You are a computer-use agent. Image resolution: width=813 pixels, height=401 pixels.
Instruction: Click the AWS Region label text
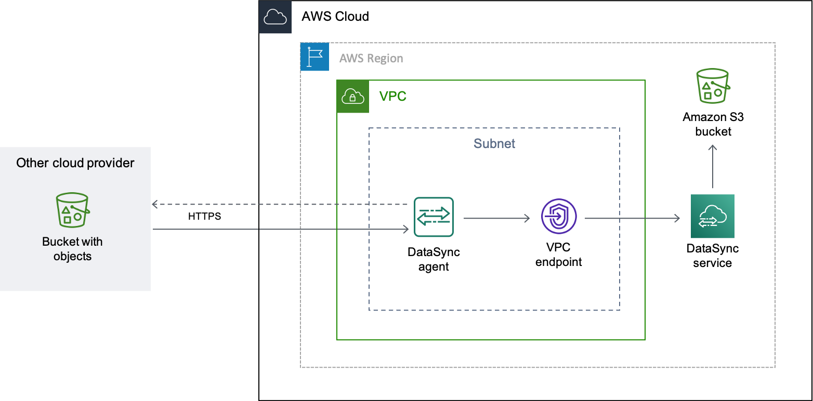[x=371, y=58]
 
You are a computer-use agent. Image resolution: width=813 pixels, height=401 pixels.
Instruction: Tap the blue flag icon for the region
[x=314, y=57]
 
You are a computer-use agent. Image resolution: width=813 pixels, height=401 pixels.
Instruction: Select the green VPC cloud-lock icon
[x=352, y=97]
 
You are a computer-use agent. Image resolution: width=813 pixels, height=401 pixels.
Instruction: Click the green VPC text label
[x=392, y=97]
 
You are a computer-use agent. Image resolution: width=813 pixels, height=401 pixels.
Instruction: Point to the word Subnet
[x=494, y=144]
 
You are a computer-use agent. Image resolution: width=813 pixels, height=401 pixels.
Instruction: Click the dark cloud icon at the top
[x=275, y=17]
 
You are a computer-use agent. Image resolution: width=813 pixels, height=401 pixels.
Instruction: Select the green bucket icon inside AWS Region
[x=712, y=86]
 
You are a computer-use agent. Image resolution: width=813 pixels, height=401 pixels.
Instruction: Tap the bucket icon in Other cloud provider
[x=72, y=210]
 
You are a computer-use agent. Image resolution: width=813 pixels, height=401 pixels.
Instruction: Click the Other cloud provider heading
[x=75, y=163]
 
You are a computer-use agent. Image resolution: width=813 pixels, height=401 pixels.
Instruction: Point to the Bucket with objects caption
[x=72, y=249]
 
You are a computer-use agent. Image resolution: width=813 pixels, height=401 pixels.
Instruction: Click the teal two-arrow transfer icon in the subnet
[x=434, y=217]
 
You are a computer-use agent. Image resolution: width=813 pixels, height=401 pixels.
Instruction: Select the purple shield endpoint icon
[x=559, y=217]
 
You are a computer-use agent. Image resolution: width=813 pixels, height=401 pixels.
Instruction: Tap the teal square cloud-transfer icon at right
[x=712, y=216]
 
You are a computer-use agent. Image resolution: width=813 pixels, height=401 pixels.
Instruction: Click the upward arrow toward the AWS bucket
[x=713, y=166]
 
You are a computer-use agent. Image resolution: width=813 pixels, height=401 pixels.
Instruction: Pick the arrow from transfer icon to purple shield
[x=496, y=219]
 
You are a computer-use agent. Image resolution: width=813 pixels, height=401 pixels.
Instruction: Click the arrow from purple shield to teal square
[x=632, y=219]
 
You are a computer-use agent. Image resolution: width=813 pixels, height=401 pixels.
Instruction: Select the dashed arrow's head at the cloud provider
[x=154, y=205]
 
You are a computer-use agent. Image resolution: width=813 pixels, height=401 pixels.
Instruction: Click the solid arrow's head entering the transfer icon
[x=406, y=229]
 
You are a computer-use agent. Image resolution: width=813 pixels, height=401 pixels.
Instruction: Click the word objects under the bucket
[x=72, y=257]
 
